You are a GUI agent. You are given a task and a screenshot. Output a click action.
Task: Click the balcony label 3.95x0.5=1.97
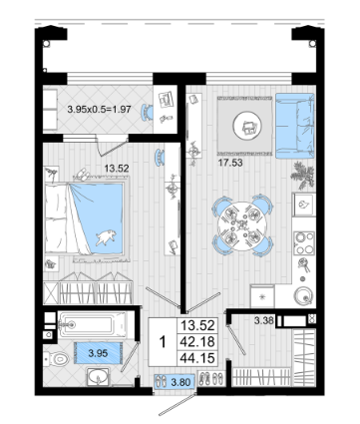coord(99,109)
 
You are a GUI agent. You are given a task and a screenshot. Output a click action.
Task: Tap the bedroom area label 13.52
coord(117,169)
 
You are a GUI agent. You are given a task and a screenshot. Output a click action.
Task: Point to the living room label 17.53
coord(230,163)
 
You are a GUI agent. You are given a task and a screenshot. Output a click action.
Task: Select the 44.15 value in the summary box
coord(197,358)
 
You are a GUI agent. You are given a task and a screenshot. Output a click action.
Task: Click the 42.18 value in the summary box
coord(197,341)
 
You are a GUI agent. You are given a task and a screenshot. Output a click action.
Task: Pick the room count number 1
coord(163,341)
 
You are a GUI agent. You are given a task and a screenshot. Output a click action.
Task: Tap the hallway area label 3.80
coord(180,382)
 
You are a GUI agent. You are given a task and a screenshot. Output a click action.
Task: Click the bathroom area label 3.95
coord(98,353)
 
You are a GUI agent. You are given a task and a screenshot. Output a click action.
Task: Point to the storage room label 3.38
coord(264,321)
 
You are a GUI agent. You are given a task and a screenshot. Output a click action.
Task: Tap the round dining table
coord(242,226)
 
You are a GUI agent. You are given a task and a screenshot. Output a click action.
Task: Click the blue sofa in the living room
coord(295,126)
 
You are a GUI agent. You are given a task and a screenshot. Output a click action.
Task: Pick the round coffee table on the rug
coord(247,126)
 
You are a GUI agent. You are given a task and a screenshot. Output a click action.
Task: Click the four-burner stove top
coord(304,242)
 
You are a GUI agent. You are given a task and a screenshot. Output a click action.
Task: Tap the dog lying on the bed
coord(107,236)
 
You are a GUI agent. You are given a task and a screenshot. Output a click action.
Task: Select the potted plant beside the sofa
coord(303,175)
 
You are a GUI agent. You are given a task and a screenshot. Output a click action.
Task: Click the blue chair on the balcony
coord(147,112)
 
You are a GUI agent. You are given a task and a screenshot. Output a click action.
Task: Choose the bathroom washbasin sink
coord(99,377)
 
